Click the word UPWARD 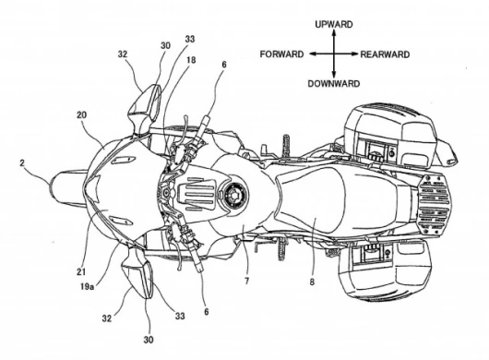point(334,24)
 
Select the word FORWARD point(281,54)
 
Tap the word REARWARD point(385,54)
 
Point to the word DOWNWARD point(334,84)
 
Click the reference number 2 point(22,162)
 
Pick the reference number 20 point(82,115)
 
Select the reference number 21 point(81,271)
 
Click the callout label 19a point(87,286)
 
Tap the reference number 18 point(191,60)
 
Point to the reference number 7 point(246,281)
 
